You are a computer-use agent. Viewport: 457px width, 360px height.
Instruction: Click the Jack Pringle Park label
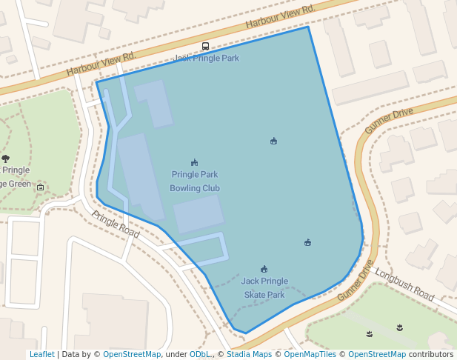(x=207, y=58)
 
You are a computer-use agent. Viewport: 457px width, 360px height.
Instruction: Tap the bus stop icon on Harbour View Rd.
(x=205, y=46)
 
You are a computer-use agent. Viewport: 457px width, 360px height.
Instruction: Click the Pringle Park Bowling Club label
(x=195, y=181)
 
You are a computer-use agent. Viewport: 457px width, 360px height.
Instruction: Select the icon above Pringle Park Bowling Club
(x=194, y=162)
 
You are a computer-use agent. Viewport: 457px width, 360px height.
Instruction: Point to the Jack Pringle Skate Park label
(x=264, y=287)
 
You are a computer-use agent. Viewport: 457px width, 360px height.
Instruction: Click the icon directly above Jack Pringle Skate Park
(x=264, y=269)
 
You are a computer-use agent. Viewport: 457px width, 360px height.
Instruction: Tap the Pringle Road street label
(x=116, y=224)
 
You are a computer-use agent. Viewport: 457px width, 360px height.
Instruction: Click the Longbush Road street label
(x=404, y=284)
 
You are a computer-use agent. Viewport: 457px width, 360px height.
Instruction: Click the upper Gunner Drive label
(x=389, y=121)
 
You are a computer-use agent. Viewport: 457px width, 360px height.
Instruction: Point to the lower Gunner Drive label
(x=356, y=280)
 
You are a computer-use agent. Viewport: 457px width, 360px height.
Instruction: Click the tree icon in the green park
(x=6, y=159)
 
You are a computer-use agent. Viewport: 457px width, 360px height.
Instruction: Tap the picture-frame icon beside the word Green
(x=40, y=187)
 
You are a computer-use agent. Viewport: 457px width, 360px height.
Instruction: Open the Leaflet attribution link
(x=41, y=354)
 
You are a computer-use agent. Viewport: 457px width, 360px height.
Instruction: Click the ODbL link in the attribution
(x=200, y=354)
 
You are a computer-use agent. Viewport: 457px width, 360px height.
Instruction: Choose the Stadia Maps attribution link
(x=249, y=354)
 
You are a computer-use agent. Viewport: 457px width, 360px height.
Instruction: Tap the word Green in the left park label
(x=19, y=184)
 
